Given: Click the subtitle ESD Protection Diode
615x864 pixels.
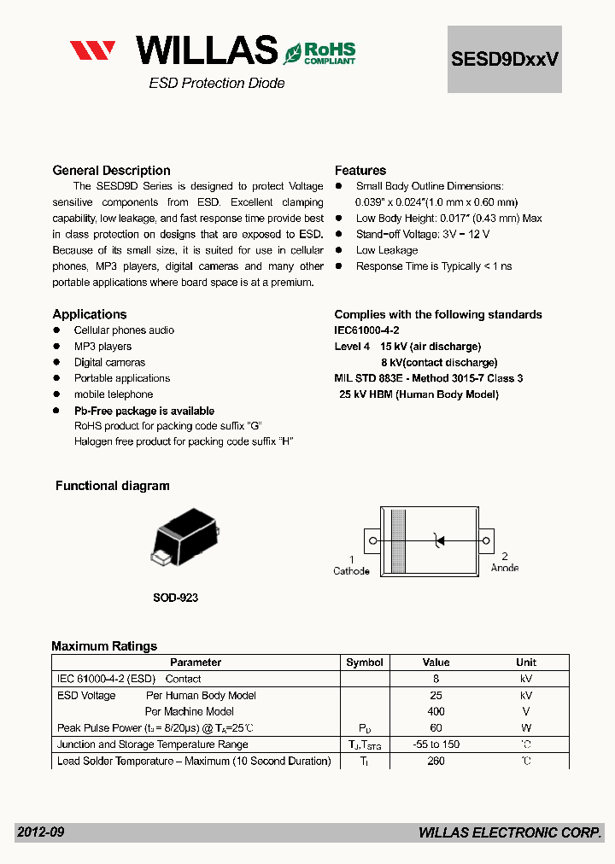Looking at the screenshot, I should tap(217, 84).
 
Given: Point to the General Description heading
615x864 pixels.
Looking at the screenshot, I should tap(111, 171).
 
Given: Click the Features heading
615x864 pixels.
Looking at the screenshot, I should tap(360, 171).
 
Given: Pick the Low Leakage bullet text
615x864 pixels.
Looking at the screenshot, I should tap(387, 250).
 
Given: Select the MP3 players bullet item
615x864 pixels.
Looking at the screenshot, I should tap(102, 347).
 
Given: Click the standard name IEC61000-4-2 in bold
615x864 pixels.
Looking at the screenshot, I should tap(366, 330).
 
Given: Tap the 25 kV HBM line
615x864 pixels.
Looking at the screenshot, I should tap(419, 394).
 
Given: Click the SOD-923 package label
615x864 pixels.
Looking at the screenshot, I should tap(175, 598).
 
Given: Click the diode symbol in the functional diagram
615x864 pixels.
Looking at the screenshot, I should tap(439, 540).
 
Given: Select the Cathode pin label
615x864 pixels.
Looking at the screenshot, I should tap(351, 570).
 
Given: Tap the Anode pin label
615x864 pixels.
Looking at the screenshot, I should tap(504, 568).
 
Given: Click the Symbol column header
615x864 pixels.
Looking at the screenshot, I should tap(365, 663).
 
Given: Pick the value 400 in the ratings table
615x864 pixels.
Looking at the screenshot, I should tap(436, 711).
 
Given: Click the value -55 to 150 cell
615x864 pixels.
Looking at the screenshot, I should tap(436, 744).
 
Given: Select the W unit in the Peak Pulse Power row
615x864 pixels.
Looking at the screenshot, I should tap(526, 728).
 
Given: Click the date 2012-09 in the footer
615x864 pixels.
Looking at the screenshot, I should tap(40, 832).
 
